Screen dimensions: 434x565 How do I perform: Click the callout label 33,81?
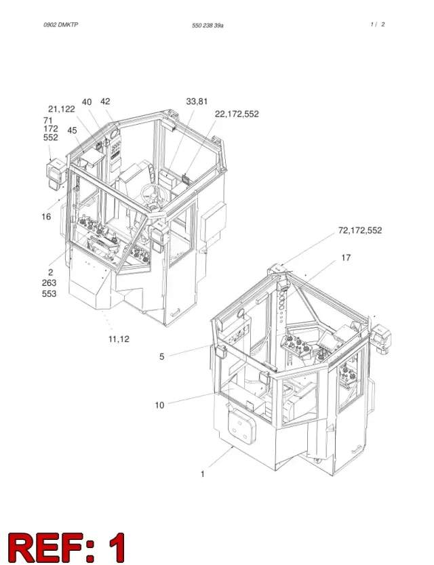click(x=197, y=102)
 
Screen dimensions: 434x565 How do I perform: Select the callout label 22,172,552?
click(x=237, y=114)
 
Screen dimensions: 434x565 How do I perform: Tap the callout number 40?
click(x=87, y=102)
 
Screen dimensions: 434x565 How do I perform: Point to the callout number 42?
click(x=105, y=102)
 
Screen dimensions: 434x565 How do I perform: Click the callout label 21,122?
click(x=61, y=109)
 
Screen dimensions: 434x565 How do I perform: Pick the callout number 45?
click(x=72, y=130)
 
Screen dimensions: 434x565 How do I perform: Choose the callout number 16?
click(x=46, y=217)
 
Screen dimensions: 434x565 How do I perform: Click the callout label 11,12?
click(x=119, y=339)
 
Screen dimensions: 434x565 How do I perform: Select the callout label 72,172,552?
click(x=359, y=230)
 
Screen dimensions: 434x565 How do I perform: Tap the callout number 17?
click(x=346, y=257)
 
